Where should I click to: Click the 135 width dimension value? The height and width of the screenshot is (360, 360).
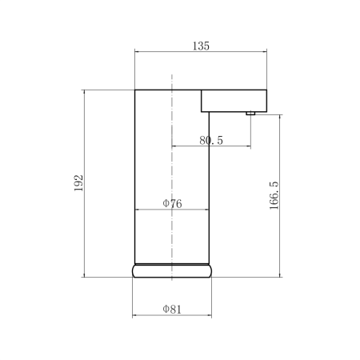[201, 46]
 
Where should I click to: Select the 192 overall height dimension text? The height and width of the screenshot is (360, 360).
[78, 183]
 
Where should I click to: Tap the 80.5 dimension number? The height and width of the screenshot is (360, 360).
[211, 140]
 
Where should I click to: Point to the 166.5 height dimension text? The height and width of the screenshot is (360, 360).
[274, 195]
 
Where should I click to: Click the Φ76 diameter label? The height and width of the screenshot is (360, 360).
[172, 204]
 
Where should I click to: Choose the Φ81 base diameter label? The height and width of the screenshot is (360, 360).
[172, 310]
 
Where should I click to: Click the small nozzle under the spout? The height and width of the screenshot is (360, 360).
[250, 114]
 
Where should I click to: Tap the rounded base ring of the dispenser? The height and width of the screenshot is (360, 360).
[172, 270]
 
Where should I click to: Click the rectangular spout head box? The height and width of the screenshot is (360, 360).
[234, 101]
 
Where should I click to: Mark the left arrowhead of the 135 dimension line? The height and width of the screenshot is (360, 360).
[137, 52]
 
